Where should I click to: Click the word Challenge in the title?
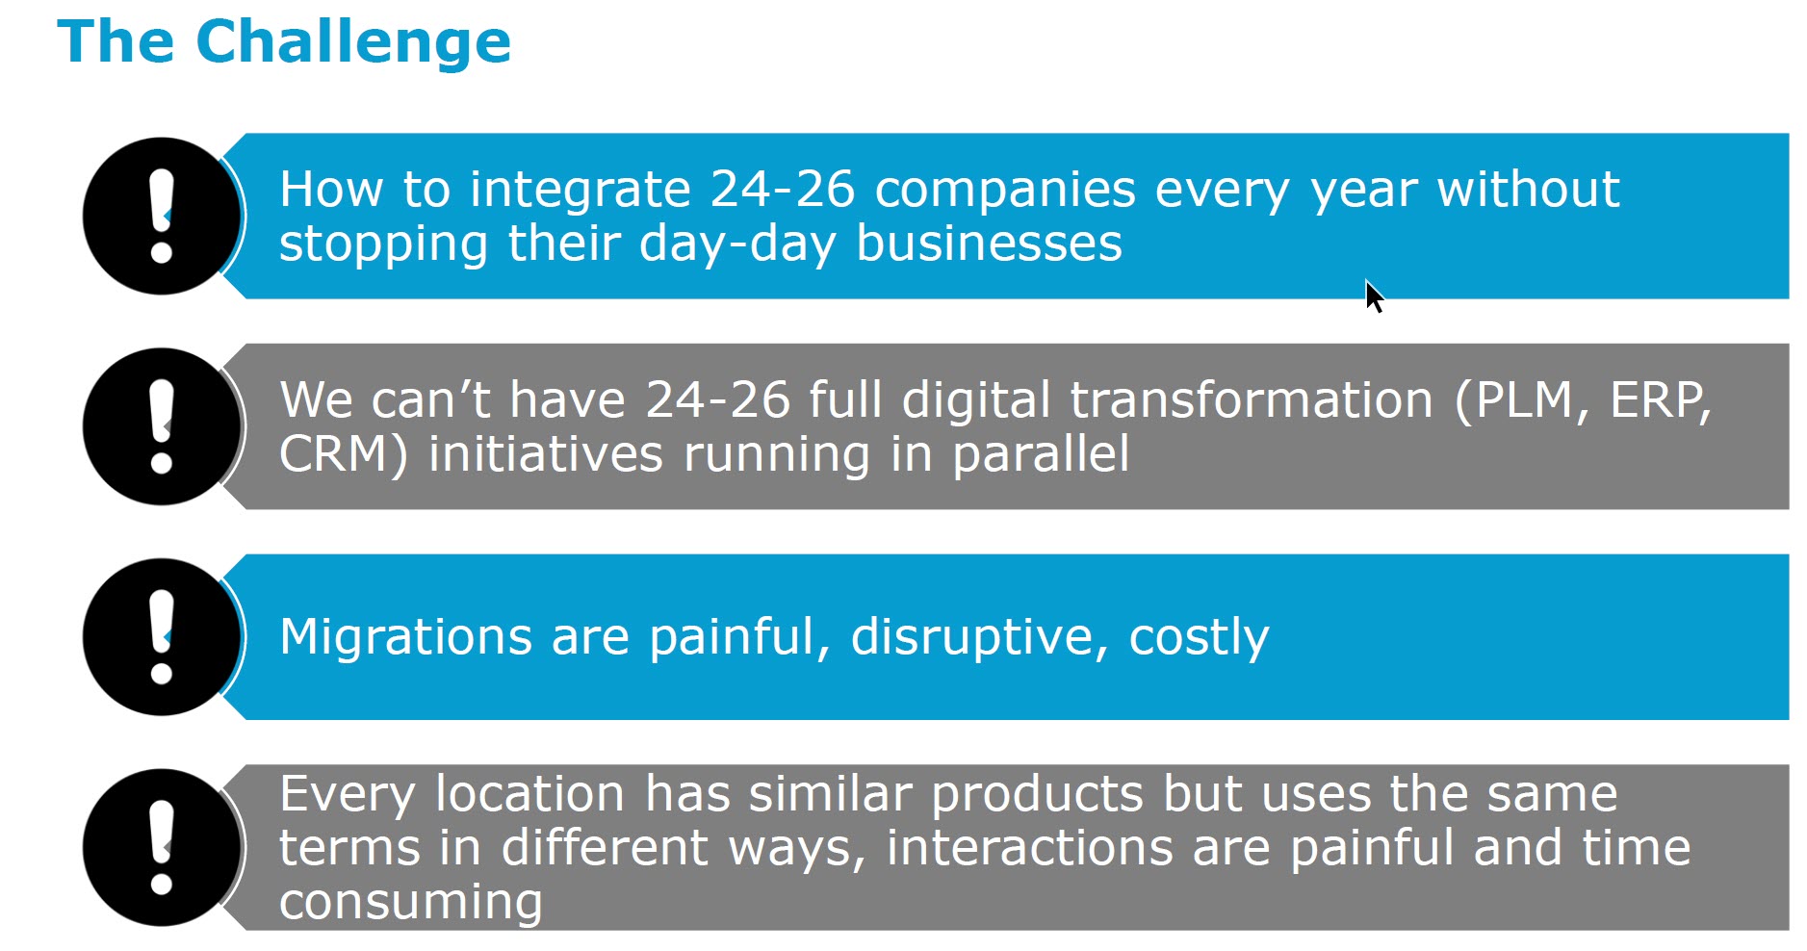click(x=353, y=44)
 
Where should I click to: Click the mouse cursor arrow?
click(x=1375, y=296)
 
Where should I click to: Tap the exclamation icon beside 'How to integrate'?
click(x=162, y=216)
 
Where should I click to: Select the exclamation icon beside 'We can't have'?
click(x=162, y=426)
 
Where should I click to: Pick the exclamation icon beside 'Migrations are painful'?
click(x=162, y=637)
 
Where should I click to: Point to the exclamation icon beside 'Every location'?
click(x=162, y=847)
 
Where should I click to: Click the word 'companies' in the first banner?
click(x=1005, y=191)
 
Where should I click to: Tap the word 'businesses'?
click(x=990, y=243)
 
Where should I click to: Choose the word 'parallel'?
click(x=1041, y=454)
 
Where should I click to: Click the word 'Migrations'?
click(x=406, y=637)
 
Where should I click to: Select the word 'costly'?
click(x=1199, y=637)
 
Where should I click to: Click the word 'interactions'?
click(x=1030, y=848)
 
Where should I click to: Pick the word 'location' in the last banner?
click(x=530, y=794)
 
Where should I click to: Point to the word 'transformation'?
click(x=1252, y=400)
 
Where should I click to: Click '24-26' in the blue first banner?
click(x=783, y=190)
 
